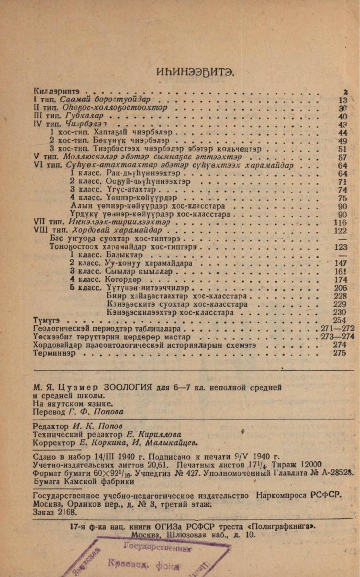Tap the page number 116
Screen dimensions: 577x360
click(340, 222)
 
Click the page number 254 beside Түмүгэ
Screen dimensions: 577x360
click(339, 320)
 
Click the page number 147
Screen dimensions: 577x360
click(340, 264)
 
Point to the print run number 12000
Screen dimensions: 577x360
click(309, 465)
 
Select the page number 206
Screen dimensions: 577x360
click(340, 288)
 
